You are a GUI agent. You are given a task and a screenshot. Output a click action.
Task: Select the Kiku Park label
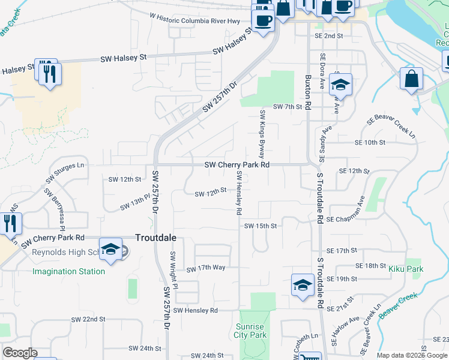[406, 269]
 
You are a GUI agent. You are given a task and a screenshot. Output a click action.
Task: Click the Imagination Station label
[68, 271]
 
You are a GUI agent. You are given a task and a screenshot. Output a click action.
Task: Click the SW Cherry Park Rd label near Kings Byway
[237, 164]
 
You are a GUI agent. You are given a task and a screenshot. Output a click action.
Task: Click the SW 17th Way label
[205, 269]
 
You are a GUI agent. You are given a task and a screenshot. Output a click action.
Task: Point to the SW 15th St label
[261, 226]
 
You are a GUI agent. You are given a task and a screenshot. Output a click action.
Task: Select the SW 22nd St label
[88, 319]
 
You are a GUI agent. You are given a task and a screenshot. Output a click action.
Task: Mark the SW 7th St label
[286, 106]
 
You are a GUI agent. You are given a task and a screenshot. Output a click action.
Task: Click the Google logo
[20, 353]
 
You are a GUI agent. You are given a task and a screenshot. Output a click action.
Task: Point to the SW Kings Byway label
[262, 133]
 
